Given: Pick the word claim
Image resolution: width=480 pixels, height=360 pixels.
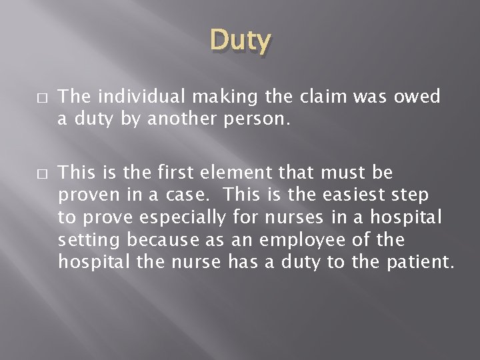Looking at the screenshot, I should pos(313,97).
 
